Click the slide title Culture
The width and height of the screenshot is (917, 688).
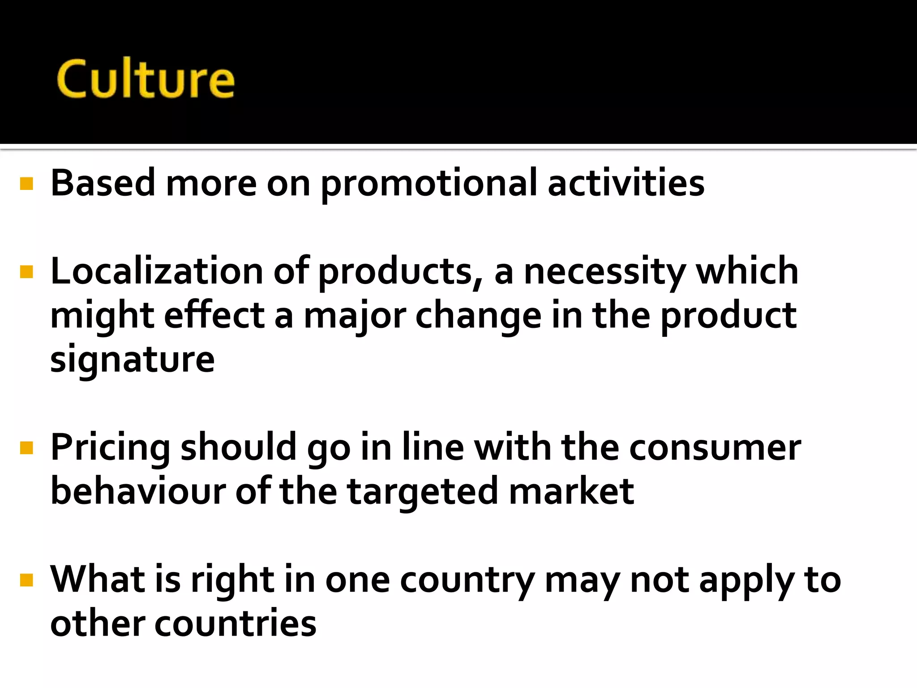[146, 79]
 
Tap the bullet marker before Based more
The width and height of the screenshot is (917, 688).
[27, 184]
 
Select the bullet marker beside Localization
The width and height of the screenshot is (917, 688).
[27, 272]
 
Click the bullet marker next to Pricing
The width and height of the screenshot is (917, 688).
[27, 448]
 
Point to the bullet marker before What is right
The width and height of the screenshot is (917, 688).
[27, 580]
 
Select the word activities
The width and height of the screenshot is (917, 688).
[626, 184]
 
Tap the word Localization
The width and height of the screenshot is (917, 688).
[157, 272]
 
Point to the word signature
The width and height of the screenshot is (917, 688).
[133, 359]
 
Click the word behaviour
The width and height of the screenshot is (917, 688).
[138, 491]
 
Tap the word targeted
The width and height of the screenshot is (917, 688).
[423, 491]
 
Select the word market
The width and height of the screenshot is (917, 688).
[571, 491]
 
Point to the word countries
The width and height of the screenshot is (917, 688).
[235, 623]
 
